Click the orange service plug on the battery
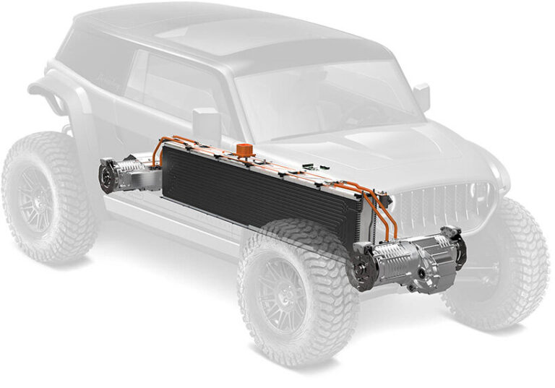click(239, 150)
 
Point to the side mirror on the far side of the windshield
click(421, 97)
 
